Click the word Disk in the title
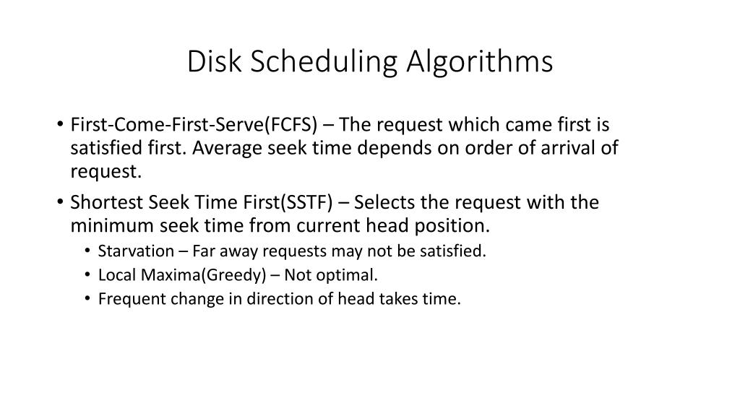click(x=215, y=62)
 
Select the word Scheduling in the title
click(x=324, y=62)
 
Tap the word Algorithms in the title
click(x=479, y=62)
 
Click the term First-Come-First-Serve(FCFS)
click(x=184, y=125)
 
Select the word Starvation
click(x=136, y=251)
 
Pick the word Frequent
click(x=129, y=300)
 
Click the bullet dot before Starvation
click(x=87, y=251)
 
